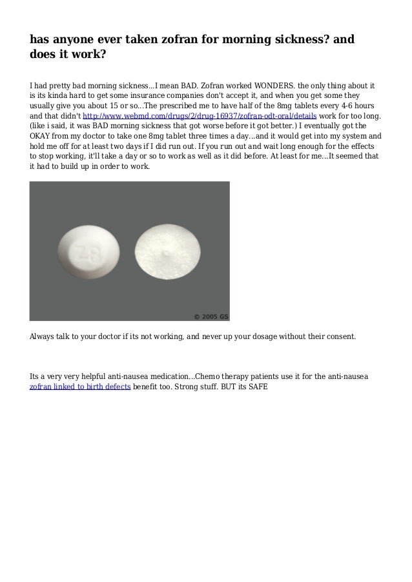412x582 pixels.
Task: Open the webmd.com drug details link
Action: coord(200,116)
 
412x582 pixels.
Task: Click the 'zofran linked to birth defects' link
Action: coord(80,387)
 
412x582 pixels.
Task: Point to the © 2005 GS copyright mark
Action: coord(211,316)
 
